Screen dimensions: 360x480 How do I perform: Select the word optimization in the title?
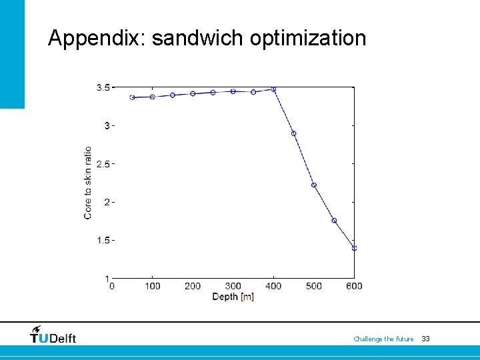[x=308, y=38]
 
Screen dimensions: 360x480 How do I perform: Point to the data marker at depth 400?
[x=273, y=89]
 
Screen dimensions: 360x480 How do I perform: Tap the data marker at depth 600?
[x=354, y=248]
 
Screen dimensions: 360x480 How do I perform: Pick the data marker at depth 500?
[x=313, y=185]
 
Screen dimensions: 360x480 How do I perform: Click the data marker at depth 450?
[x=293, y=133]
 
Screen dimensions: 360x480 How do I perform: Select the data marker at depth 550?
[x=334, y=221]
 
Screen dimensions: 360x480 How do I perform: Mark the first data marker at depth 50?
[x=132, y=97]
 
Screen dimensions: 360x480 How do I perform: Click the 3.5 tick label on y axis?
[x=103, y=87]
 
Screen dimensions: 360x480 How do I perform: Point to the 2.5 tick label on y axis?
[x=103, y=164]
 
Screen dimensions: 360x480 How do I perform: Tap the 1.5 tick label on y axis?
[x=103, y=241]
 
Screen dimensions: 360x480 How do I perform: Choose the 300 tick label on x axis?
[x=233, y=286]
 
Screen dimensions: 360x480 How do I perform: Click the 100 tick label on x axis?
[x=152, y=286]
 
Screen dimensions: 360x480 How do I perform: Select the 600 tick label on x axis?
[x=354, y=286]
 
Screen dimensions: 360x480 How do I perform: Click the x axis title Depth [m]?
[x=233, y=297]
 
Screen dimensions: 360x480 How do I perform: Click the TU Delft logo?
[x=53, y=335]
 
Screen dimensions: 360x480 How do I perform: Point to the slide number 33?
[x=425, y=339]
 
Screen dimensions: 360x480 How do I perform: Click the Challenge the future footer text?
[x=383, y=339]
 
